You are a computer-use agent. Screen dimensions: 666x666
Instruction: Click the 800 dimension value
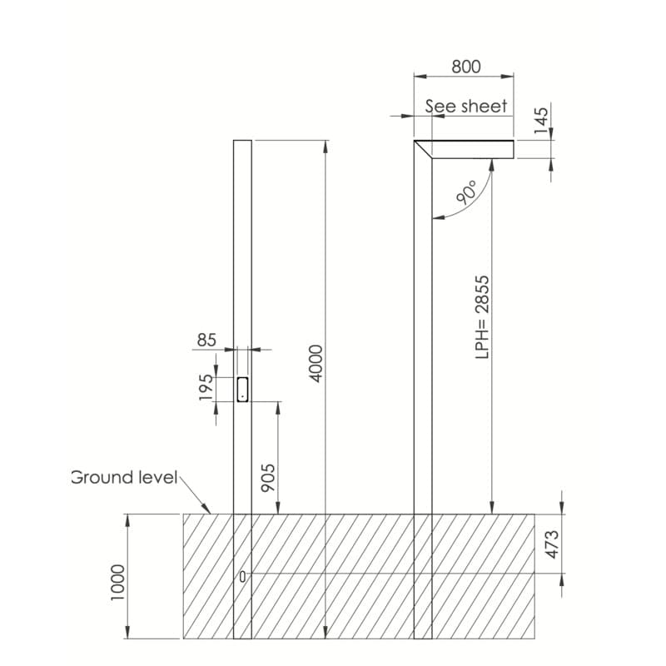tap(466, 67)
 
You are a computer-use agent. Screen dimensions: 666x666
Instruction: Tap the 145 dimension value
tap(541, 121)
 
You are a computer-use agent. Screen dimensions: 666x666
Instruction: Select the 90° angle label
tap(466, 192)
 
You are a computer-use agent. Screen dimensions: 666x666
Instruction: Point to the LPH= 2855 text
tap(483, 317)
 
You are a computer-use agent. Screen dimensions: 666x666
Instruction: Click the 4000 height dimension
tap(316, 364)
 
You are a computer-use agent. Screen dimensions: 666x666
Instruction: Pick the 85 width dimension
tap(206, 340)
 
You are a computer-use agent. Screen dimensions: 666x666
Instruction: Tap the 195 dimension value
tap(206, 387)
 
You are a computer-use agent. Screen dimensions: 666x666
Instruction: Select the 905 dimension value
tap(268, 478)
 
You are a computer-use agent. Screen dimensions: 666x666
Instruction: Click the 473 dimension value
tap(552, 544)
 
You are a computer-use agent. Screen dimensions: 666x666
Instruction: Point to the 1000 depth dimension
tap(117, 582)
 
